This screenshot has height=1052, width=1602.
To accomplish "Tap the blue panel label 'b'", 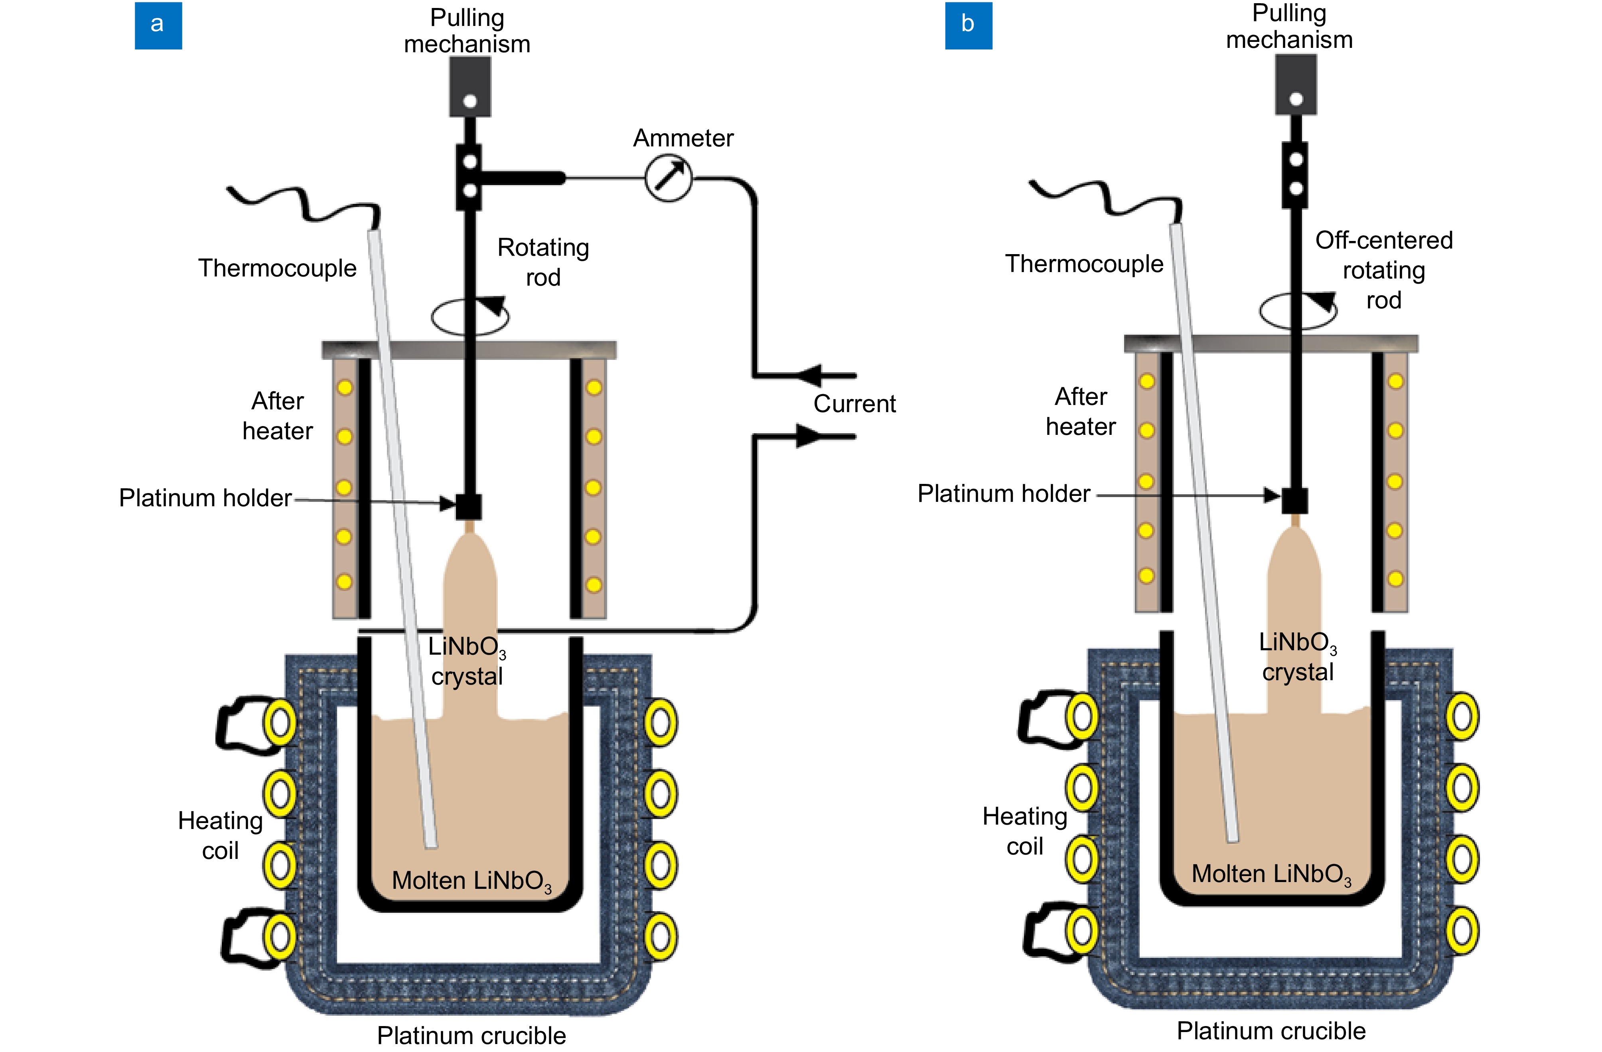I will [968, 25].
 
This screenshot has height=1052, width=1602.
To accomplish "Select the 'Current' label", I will [854, 404].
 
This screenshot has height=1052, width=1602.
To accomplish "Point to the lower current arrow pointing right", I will [810, 436].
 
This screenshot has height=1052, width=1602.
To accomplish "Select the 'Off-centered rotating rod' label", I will [1383, 270].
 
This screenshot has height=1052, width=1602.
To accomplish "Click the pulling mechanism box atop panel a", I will [470, 86].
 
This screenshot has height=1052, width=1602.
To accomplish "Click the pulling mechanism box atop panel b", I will [1296, 84].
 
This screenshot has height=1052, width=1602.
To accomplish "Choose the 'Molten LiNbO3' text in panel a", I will [471, 881].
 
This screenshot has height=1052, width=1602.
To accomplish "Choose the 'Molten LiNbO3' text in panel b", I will [1271, 874].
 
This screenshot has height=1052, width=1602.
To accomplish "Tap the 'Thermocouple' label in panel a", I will [277, 268].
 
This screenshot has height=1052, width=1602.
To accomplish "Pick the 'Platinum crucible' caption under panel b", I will [1271, 1030].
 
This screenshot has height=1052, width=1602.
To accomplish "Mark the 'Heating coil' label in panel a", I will [220, 835].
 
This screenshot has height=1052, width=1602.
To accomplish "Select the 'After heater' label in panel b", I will [1080, 411].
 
